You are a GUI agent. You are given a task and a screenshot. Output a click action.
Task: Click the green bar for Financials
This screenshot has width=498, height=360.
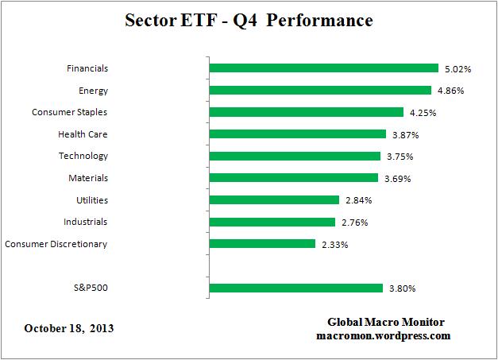click(323, 68)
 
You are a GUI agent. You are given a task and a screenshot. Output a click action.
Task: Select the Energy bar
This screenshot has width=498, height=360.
click(319, 91)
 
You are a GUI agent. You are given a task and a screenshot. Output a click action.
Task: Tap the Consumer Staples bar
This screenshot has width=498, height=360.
click(306, 112)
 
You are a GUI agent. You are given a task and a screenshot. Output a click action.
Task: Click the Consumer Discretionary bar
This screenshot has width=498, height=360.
click(261, 243)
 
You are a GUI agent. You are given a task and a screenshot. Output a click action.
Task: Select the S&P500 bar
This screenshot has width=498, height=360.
click(295, 287)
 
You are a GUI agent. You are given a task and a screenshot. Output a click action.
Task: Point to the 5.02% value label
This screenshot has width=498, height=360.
click(457, 69)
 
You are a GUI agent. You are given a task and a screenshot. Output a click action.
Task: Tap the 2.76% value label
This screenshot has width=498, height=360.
click(353, 222)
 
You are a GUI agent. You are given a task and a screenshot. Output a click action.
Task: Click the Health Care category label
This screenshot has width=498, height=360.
click(83, 134)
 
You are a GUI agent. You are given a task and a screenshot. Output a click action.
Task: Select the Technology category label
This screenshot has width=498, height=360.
click(83, 156)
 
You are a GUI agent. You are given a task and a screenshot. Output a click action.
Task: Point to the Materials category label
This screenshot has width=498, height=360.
click(87, 178)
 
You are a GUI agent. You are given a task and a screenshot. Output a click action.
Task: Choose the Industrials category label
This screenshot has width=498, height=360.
click(85, 222)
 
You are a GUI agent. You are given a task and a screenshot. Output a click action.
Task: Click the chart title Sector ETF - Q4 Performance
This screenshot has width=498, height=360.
click(249, 20)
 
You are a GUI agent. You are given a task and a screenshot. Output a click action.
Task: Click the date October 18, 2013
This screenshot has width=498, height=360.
click(68, 327)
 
